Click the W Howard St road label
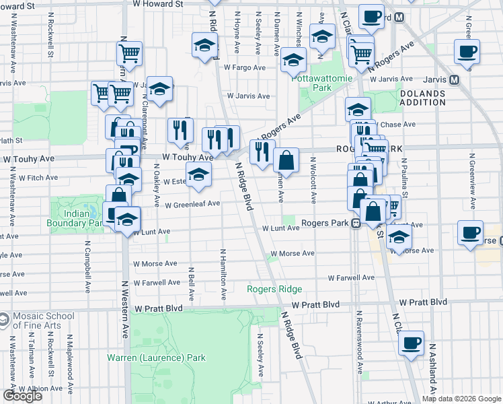[157, 4]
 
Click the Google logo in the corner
[22, 396]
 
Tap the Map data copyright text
[461, 399]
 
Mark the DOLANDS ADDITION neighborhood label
[422, 98]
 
